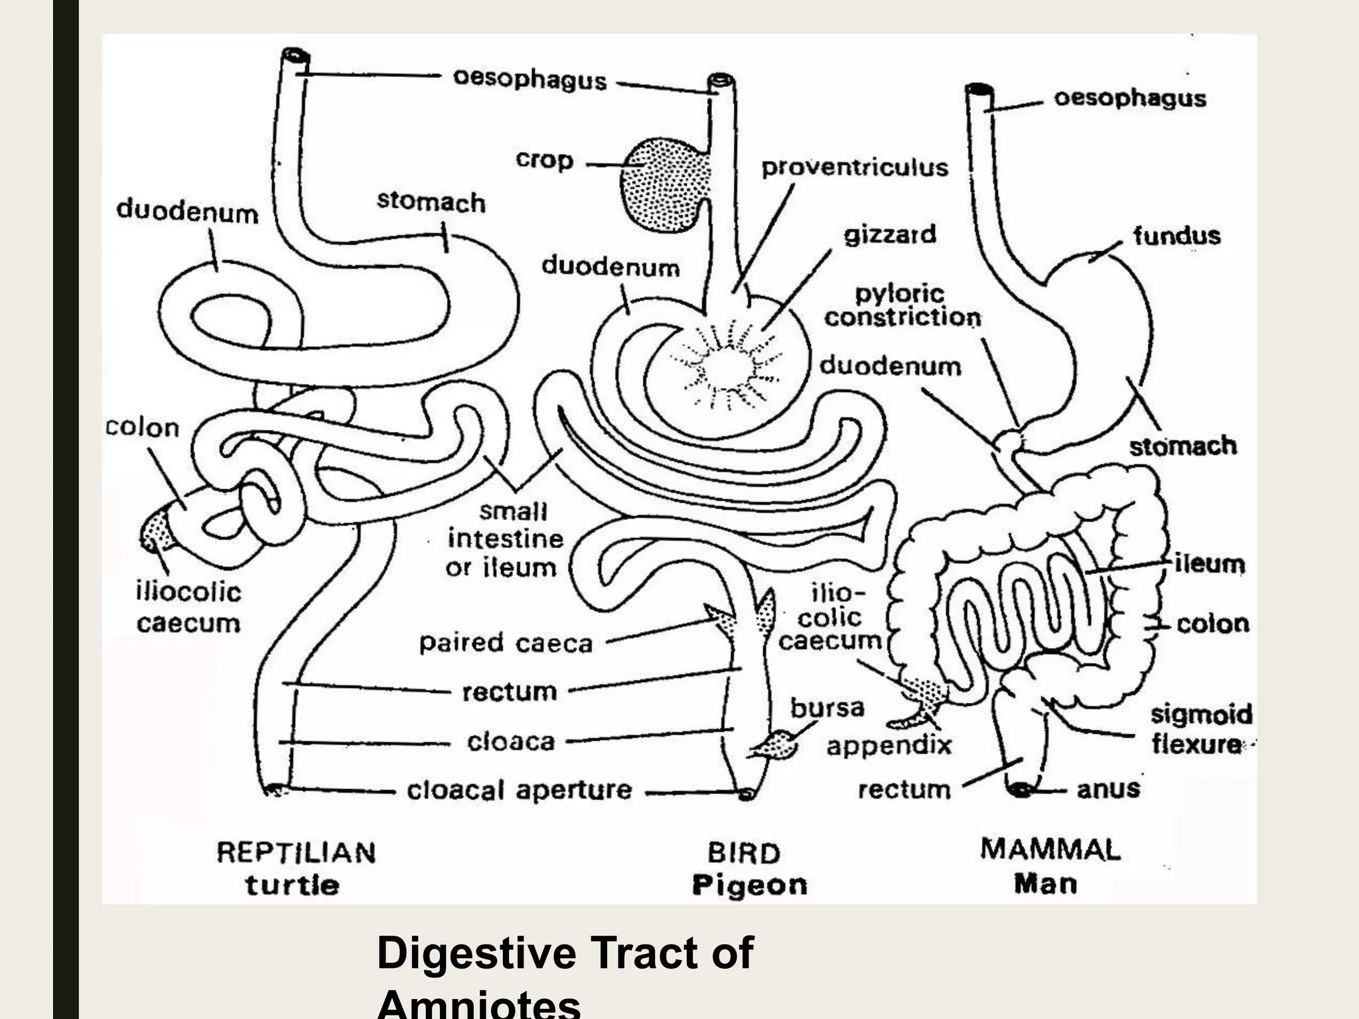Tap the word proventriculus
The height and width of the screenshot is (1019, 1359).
pos(855,167)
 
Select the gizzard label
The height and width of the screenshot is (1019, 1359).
pos(889,235)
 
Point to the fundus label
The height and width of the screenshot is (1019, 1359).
pos(1177,236)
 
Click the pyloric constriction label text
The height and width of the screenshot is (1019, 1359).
pos(902,306)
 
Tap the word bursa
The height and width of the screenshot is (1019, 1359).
pos(827,708)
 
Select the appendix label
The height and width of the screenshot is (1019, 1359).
pos(889,746)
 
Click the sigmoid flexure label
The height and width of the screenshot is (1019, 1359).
pos(1201,729)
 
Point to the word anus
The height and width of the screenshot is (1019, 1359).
pos(1108,789)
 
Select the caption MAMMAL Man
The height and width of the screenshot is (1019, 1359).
pos(1050,866)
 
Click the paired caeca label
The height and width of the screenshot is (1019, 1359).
pos(506,643)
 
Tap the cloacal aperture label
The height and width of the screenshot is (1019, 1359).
pos(519,790)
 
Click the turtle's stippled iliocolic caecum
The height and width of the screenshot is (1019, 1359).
pos(157,531)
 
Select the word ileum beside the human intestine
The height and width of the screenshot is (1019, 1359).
pos(1209,564)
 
